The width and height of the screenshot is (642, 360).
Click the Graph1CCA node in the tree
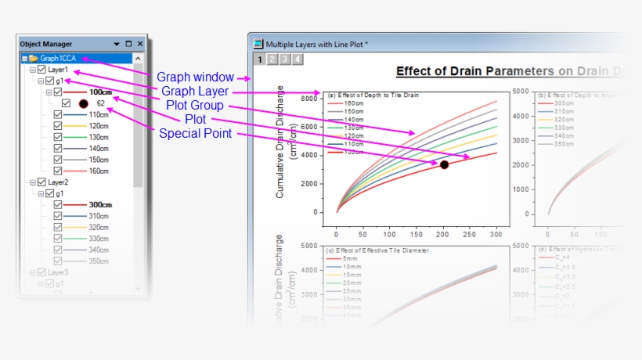[60, 58]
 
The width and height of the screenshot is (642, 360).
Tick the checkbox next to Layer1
[41, 70]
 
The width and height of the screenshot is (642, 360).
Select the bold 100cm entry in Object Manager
[99, 92]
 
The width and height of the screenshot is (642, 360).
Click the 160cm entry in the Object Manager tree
[98, 171]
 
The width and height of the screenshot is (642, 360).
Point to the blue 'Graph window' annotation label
[195, 77]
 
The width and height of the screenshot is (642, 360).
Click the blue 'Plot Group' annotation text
[195, 106]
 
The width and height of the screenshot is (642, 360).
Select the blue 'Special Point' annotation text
[195, 134]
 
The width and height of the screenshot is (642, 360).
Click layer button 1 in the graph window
[259, 59]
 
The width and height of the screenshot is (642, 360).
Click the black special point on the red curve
[444, 164]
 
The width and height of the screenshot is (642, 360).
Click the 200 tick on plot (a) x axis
[442, 234]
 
